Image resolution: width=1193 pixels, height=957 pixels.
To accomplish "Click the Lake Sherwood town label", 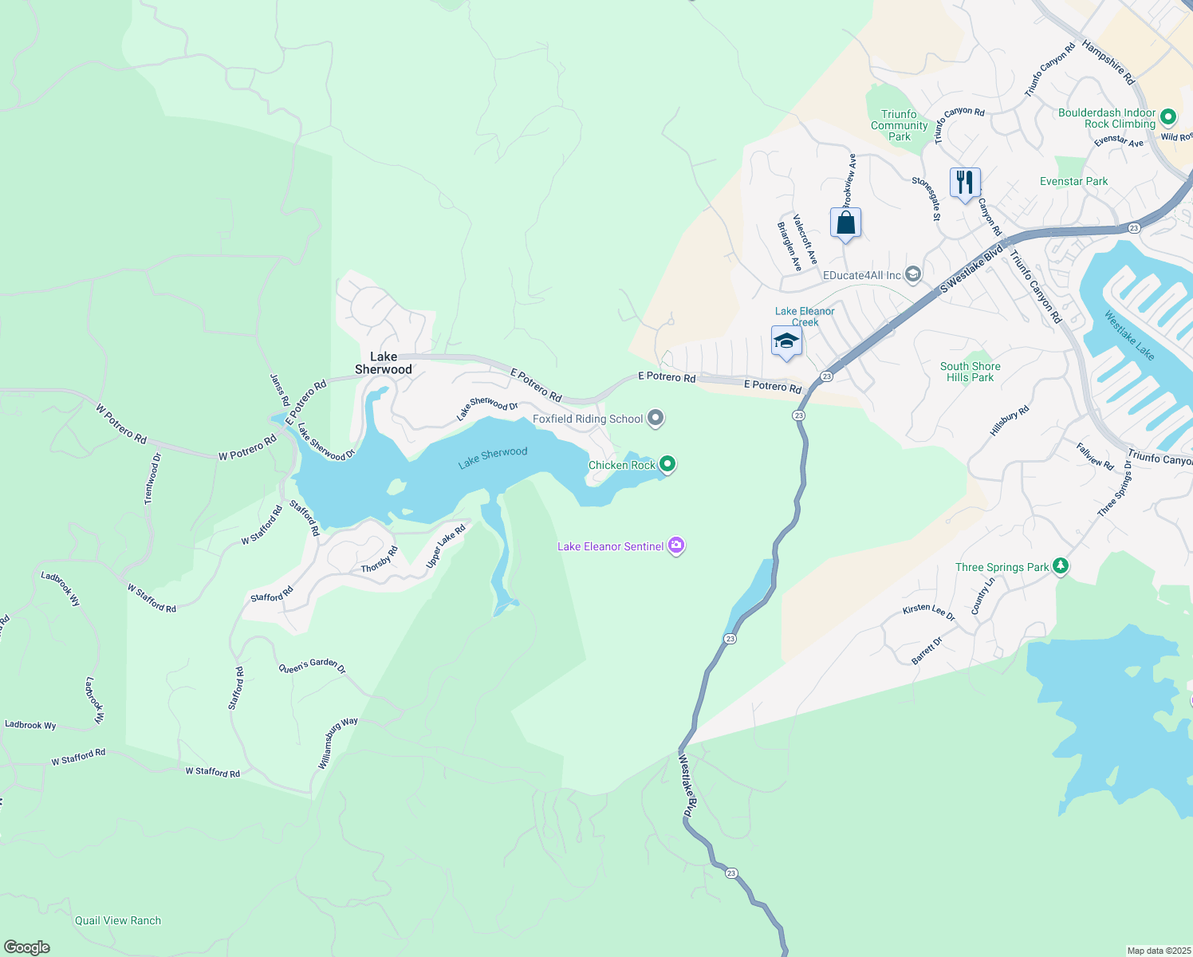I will [384, 363].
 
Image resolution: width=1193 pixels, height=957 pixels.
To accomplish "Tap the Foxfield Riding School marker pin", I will [656, 418].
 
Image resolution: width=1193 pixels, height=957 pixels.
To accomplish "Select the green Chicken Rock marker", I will [667, 464].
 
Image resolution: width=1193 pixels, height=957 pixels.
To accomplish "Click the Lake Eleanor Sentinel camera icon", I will [676, 545].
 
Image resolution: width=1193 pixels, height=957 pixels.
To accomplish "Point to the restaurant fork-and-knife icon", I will [965, 183].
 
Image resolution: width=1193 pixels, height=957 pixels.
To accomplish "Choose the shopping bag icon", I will [845, 223].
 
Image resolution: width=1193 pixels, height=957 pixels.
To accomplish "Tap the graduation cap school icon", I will [786, 341].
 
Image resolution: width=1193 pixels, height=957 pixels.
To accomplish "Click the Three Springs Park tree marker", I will [1060, 566].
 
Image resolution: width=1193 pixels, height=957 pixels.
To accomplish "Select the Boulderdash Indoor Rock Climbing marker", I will [1167, 117].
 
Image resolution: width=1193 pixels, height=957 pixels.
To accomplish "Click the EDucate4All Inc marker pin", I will [913, 275].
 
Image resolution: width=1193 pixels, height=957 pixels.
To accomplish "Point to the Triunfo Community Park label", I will [900, 125].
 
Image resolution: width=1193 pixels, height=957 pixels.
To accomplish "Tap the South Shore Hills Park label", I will [970, 372].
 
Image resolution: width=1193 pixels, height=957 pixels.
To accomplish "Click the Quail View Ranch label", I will [118, 920].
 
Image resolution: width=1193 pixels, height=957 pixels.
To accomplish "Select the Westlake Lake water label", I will [1129, 335].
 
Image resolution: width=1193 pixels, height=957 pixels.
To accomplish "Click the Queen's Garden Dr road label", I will [312, 667].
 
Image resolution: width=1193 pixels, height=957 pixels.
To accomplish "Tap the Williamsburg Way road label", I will [338, 742].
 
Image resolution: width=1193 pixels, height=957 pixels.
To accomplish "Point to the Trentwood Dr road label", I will [152, 478].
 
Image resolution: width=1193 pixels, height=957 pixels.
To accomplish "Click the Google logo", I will [27, 947].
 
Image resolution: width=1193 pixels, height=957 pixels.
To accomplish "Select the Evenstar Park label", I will [1073, 181].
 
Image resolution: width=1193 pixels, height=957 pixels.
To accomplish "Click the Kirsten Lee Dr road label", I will [929, 612].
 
